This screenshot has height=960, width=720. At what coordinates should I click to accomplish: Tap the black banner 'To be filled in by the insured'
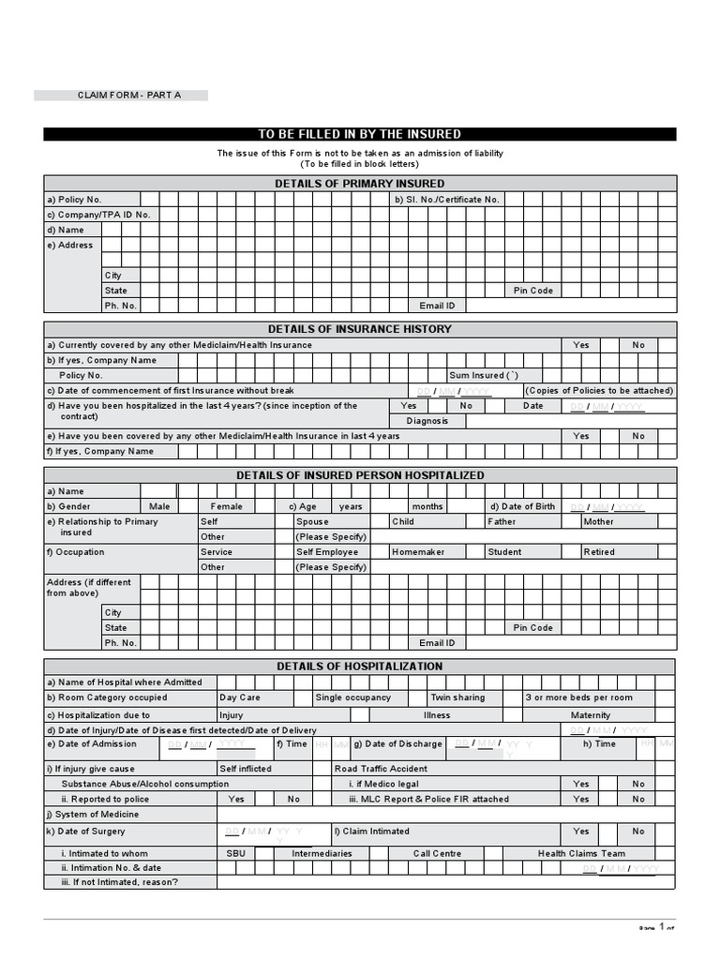[359, 134]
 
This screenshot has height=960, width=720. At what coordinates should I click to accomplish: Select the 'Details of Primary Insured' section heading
[359, 184]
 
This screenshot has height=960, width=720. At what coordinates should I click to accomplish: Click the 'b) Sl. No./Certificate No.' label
[447, 200]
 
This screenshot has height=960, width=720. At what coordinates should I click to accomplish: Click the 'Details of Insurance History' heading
[359, 329]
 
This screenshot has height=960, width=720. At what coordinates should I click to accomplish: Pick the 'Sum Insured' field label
[483, 375]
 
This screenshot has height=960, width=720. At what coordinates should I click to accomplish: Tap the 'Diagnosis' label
[427, 421]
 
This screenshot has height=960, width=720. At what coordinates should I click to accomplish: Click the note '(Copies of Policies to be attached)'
[599, 390]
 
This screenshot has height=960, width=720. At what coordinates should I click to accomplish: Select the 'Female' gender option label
[226, 506]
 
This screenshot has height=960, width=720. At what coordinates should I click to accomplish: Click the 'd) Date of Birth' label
[521, 506]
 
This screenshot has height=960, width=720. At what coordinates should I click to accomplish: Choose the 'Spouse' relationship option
[312, 521]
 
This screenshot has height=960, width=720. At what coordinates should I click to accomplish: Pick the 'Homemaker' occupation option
[418, 552]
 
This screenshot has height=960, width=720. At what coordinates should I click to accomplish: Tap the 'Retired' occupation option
[599, 552]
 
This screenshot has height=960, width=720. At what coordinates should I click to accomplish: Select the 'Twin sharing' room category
[457, 697]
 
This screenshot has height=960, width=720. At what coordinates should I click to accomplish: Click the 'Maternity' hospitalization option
[591, 714]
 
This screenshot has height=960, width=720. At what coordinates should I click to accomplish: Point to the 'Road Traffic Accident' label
[381, 769]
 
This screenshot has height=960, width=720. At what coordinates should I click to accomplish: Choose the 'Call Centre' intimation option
[437, 853]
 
